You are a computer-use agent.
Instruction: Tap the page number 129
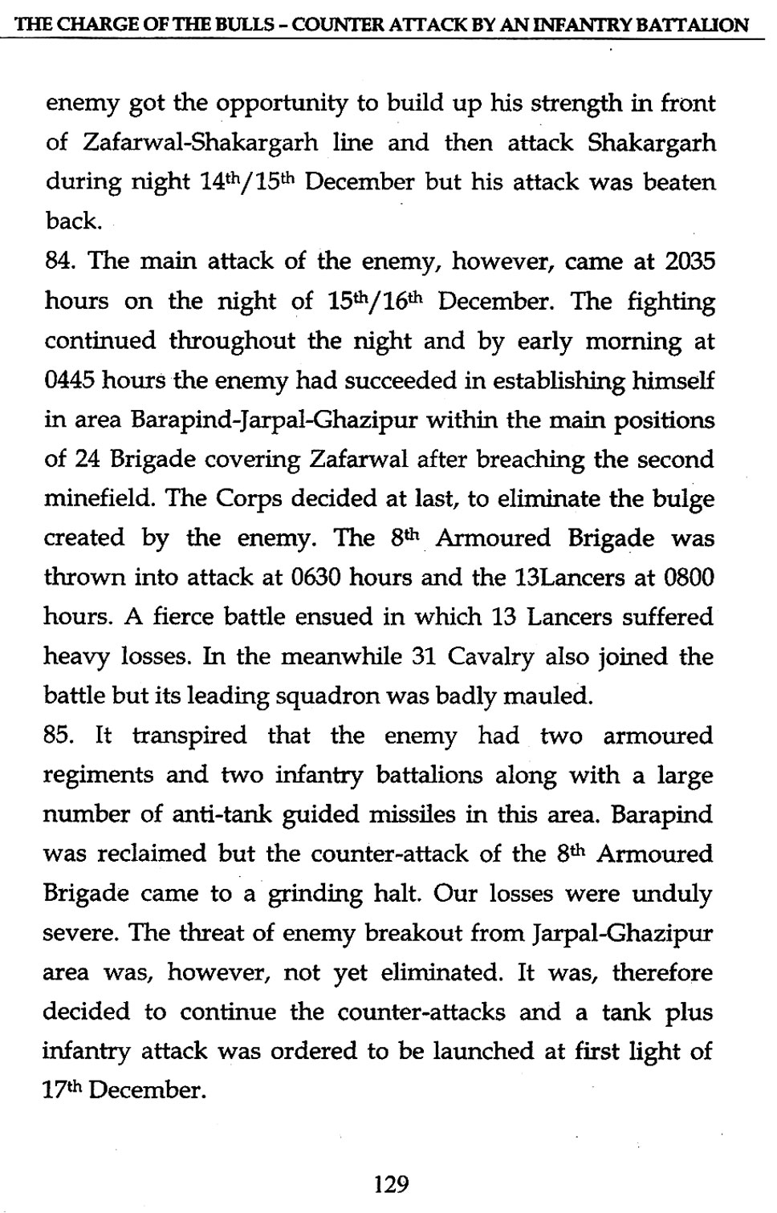[392, 1183]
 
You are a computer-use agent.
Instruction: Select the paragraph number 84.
[59, 262]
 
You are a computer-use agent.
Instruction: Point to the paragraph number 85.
[59, 736]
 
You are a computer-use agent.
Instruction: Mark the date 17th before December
[63, 1090]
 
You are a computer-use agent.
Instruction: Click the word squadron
[327, 696]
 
